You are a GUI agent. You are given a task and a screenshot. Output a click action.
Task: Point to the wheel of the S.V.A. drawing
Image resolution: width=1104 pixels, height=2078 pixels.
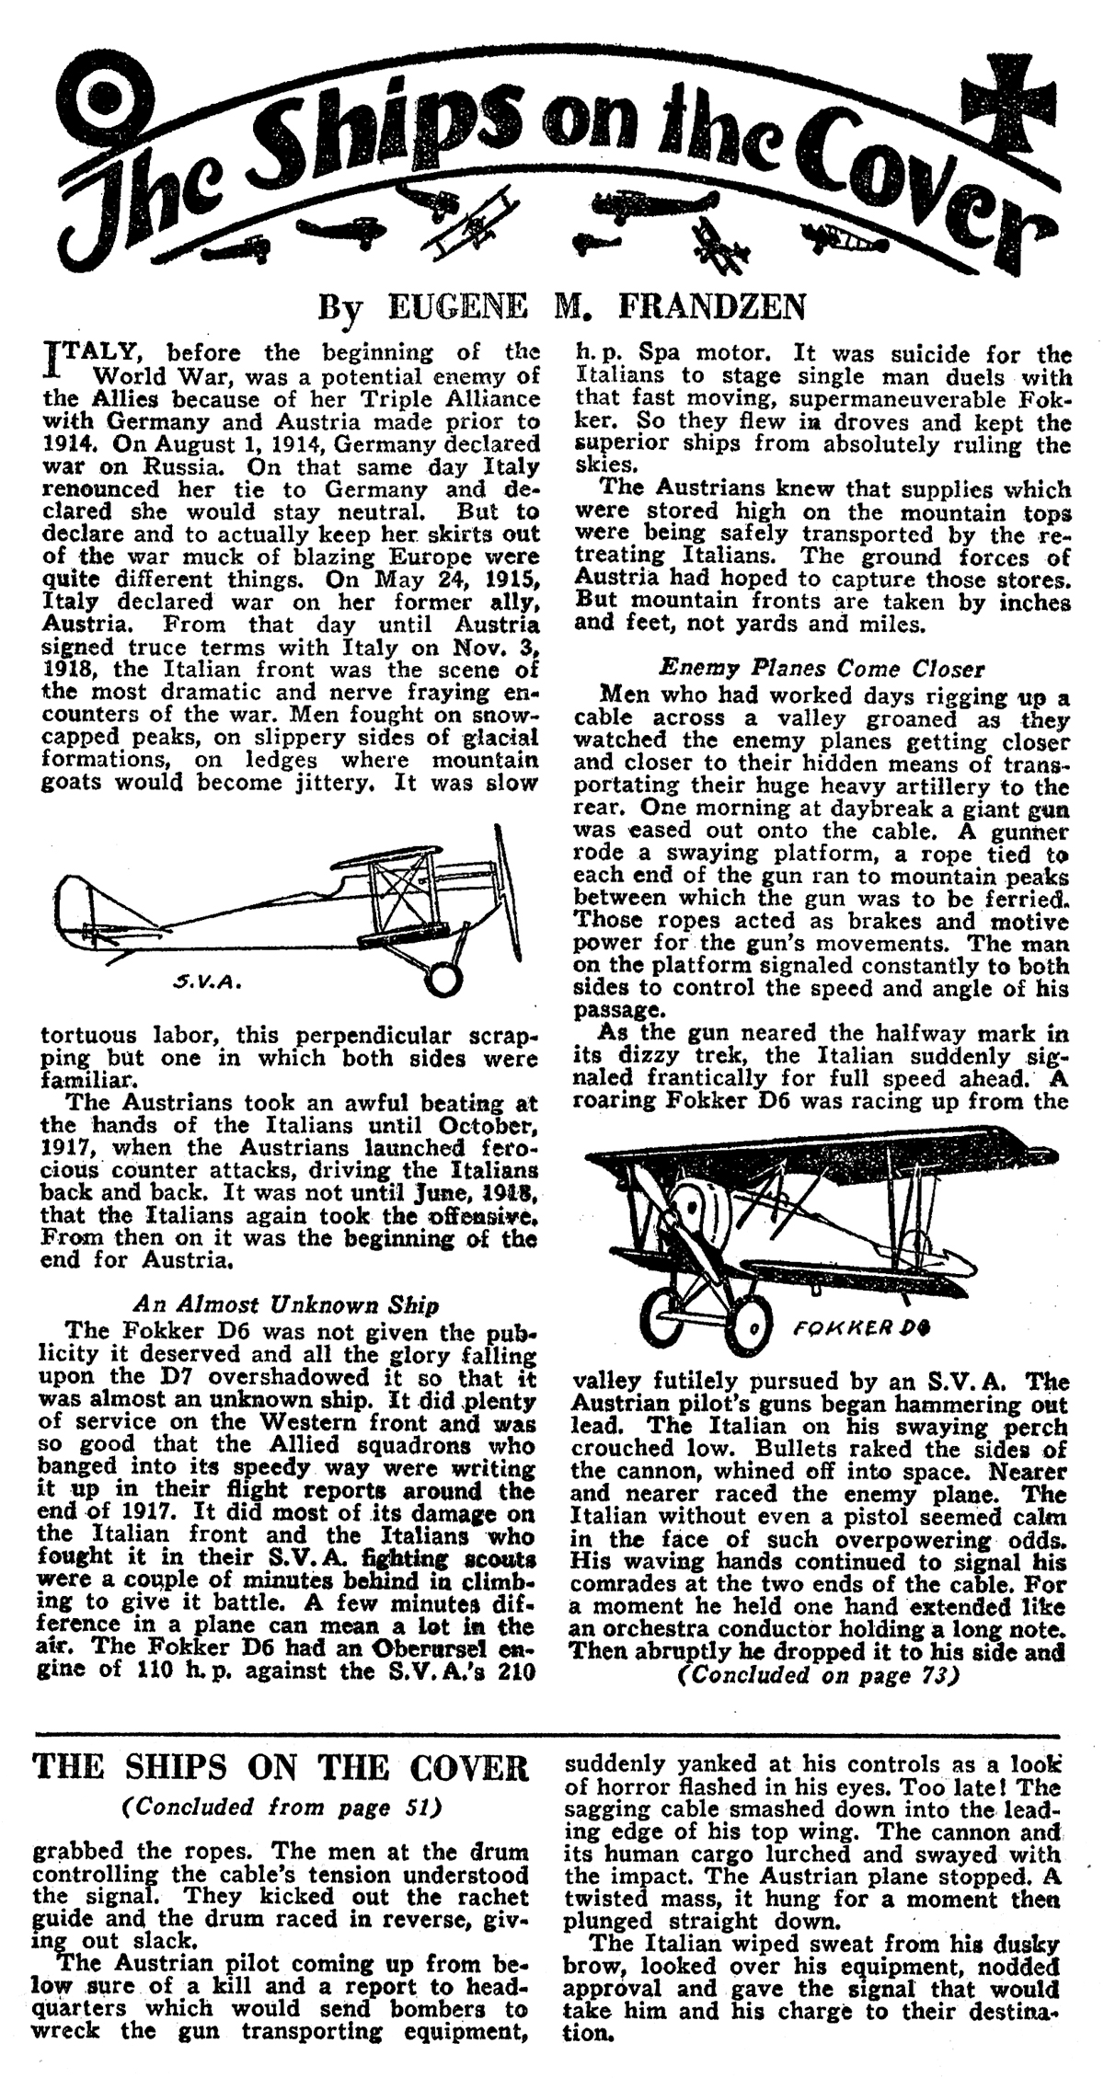pos(444,979)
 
